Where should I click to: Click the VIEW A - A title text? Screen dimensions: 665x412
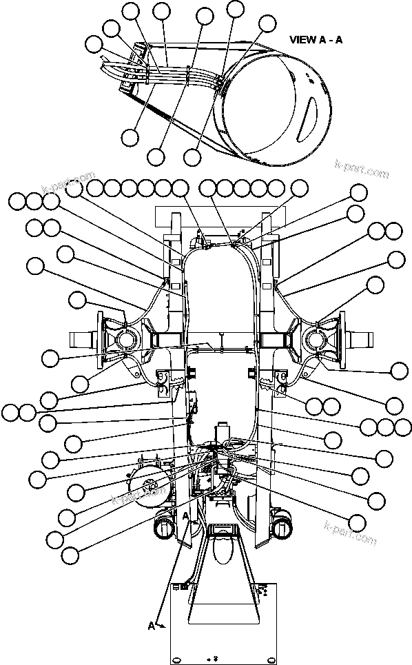coord(316,39)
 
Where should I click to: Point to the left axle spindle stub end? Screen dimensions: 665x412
coord(77,340)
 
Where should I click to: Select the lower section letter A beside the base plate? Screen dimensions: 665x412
coord(152,626)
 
